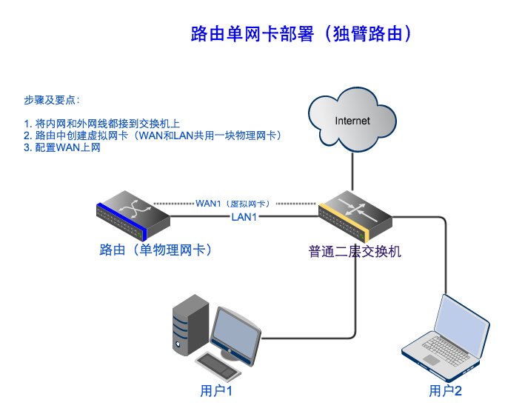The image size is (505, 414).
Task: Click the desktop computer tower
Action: [189, 326]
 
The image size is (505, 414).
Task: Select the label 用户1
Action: [217, 390]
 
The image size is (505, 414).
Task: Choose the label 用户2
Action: [446, 391]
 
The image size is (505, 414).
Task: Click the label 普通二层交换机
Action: [355, 251]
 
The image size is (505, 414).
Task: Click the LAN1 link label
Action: [244, 217]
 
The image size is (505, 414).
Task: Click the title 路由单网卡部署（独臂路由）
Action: [301, 34]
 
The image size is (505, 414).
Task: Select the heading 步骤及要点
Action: [51, 100]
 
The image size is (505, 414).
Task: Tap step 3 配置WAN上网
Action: [62, 147]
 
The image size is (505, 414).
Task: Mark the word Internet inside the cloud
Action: [352, 120]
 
